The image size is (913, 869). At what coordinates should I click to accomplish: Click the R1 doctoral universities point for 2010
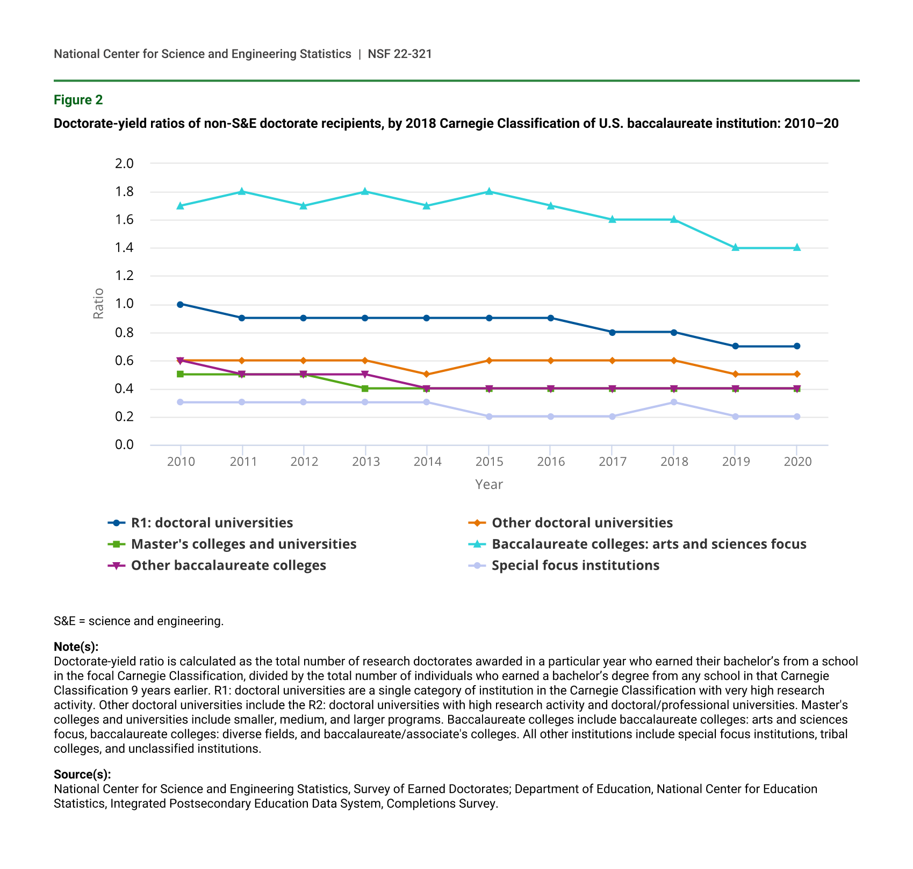click(181, 304)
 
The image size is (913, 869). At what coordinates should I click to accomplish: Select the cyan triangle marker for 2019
click(736, 248)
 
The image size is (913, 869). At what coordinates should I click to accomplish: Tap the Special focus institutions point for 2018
click(674, 403)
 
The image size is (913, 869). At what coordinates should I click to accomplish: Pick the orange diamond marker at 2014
click(427, 375)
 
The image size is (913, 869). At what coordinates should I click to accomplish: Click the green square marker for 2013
click(365, 389)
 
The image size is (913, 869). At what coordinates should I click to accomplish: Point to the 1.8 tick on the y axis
click(124, 192)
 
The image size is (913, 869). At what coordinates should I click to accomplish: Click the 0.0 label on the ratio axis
click(124, 444)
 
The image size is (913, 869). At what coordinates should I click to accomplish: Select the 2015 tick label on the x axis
click(489, 462)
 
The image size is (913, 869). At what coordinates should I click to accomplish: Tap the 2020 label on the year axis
click(797, 462)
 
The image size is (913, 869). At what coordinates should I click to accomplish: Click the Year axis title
click(489, 484)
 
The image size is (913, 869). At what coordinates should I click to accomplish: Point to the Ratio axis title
click(98, 304)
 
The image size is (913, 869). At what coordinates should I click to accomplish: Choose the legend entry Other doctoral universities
click(582, 523)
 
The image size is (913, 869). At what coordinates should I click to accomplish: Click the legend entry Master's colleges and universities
click(243, 544)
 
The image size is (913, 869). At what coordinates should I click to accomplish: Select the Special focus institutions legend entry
click(575, 565)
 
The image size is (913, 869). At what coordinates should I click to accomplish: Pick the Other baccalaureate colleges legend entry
click(228, 565)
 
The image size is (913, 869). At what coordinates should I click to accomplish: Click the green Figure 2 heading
click(78, 100)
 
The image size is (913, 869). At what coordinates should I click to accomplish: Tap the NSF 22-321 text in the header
click(400, 54)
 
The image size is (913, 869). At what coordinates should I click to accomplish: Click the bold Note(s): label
click(76, 647)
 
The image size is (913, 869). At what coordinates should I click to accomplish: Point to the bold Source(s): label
click(82, 774)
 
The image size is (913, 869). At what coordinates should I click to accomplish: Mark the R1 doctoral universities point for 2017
click(612, 332)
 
